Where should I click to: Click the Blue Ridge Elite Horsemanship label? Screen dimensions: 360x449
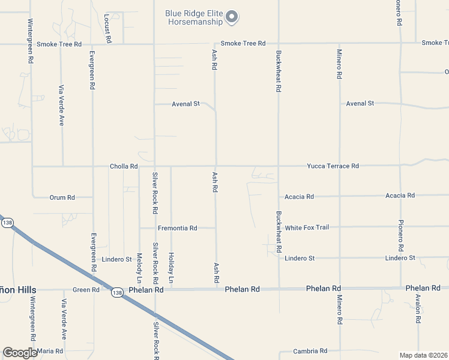click(x=195, y=17)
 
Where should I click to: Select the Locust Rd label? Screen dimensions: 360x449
click(x=107, y=28)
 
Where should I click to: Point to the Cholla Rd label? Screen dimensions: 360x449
click(x=124, y=166)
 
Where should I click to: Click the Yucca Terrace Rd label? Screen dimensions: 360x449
click(x=333, y=166)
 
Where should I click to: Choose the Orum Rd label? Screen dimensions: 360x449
click(x=62, y=197)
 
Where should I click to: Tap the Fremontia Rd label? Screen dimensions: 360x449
click(x=177, y=228)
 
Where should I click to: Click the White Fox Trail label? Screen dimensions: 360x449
click(x=307, y=227)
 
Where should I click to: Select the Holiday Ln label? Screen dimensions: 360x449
click(x=171, y=268)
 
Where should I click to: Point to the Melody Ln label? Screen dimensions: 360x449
click(x=139, y=268)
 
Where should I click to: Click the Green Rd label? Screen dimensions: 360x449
click(x=86, y=290)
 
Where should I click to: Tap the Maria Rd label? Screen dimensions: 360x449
click(x=50, y=350)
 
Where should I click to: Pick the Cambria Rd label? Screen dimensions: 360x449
click(x=310, y=351)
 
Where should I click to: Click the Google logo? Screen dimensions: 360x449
click(x=20, y=352)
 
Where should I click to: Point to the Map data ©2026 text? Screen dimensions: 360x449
click(x=423, y=355)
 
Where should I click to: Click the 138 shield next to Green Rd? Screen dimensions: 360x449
click(x=116, y=292)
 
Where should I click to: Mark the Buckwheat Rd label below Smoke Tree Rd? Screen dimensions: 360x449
click(x=279, y=70)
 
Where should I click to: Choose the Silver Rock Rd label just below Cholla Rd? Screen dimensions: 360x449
click(x=155, y=193)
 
